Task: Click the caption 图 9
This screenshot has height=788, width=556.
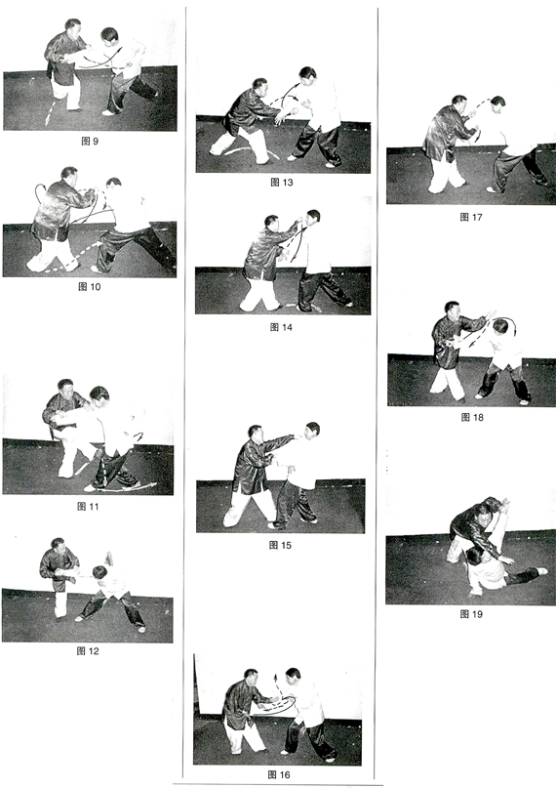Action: pyautogui.click(x=90, y=142)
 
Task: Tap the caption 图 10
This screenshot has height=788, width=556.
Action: pyautogui.click(x=90, y=286)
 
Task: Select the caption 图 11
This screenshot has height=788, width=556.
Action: pyautogui.click(x=89, y=506)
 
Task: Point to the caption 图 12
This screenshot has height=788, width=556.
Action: pyautogui.click(x=88, y=650)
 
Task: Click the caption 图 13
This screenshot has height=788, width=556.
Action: pyautogui.click(x=282, y=182)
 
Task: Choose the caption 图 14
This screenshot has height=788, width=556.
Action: pyautogui.click(x=281, y=327)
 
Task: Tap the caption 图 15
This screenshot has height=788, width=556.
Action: pyautogui.click(x=280, y=545)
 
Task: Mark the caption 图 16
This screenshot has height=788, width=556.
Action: pyautogui.click(x=279, y=774)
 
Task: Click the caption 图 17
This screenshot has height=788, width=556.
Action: pyautogui.click(x=471, y=217)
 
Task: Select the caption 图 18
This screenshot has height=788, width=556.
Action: pyautogui.click(x=472, y=417)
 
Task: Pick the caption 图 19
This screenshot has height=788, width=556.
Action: pyautogui.click(x=471, y=613)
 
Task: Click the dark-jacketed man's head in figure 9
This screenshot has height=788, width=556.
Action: pyautogui.click(x=73, y=28)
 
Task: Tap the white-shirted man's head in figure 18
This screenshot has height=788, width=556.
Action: pyautogui.click(x=500, y=327)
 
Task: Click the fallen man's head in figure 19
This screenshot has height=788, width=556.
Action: pyautogui.click(x=474, y=556)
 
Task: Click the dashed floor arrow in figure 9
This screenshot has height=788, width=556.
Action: pyautogui.click(x=50, y=115)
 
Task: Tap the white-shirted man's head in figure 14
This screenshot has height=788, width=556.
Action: pyautogui.click(x=313, y=218)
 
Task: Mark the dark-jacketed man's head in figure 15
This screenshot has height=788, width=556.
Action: pyautogui.click(x=255, y=434)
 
